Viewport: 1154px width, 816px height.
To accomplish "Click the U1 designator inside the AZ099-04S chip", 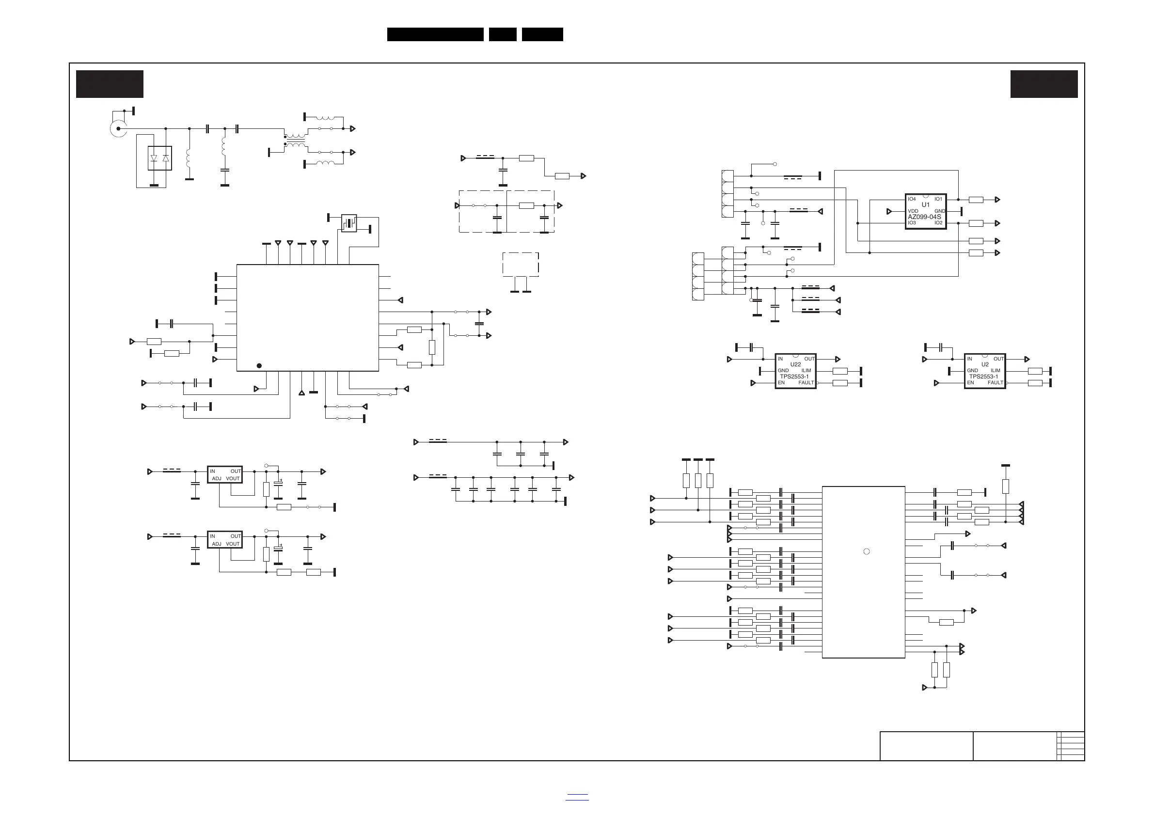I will [925, 205].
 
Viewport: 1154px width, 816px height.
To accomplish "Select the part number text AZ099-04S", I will [924, 217].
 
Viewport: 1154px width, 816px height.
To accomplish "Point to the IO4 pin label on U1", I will [912, 200].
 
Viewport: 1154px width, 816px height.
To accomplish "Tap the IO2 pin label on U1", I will [938, 223].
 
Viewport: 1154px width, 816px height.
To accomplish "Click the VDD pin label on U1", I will [913, 211].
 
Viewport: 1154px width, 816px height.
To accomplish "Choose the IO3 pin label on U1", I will [912, 223].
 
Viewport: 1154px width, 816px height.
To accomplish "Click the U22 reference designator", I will [796, 364].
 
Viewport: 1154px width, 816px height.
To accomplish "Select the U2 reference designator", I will [985, 364].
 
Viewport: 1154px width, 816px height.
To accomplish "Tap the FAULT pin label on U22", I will [806, 383].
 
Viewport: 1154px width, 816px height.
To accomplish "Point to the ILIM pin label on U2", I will [996, 371].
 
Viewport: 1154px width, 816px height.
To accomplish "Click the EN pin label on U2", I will [970, 383].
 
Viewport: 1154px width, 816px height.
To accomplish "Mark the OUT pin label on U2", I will [999, 359].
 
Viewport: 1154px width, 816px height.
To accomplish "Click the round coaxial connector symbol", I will [118, 128].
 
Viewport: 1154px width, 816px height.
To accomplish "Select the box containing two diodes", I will [159, 158].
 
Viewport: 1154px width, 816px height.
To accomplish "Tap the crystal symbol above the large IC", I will [349, 223].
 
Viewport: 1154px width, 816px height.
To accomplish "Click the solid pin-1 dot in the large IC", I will [259, 366].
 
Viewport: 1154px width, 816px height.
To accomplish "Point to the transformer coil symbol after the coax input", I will [296, 140].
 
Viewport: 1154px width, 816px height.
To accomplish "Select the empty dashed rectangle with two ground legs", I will [521, 264].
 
